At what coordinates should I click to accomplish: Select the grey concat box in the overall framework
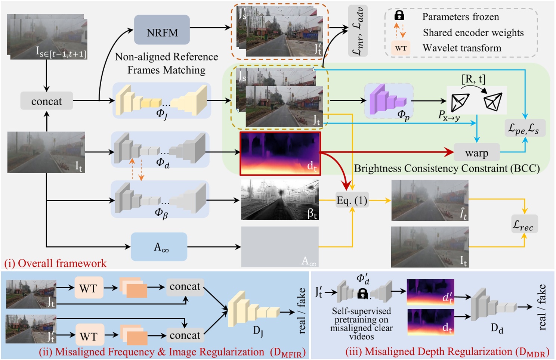click(x=46, y=101)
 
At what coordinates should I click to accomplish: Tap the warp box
click(x=476, y=152)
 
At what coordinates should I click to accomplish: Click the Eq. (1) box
click(x=351, y=201)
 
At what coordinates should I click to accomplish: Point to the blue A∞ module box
click(x=159, y=247)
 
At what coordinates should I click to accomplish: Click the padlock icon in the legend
click(x=399, y=15)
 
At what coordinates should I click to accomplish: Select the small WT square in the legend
click(x=401, y=48)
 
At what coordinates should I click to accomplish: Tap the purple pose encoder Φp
click(x=388, y=100)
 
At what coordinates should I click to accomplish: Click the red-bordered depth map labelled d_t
click(x=280, y=153)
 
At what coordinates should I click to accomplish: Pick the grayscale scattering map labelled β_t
click(x=280, y=200)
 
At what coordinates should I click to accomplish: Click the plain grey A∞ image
click(x=280, y=246)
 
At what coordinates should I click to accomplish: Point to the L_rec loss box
click(x=524, y=224)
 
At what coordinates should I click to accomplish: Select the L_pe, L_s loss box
click(x=524, y=128)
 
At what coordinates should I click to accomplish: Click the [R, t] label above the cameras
click(x=473, y=79)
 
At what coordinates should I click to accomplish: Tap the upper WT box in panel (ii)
click(x=89, y=288)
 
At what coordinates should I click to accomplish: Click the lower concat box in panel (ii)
click(x=185, y=335)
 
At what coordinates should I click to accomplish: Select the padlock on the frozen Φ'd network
click(x=362, y=294)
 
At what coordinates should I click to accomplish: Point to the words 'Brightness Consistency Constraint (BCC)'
click(x=447, y=168)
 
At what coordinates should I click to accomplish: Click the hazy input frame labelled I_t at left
click(x=46, y=152)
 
